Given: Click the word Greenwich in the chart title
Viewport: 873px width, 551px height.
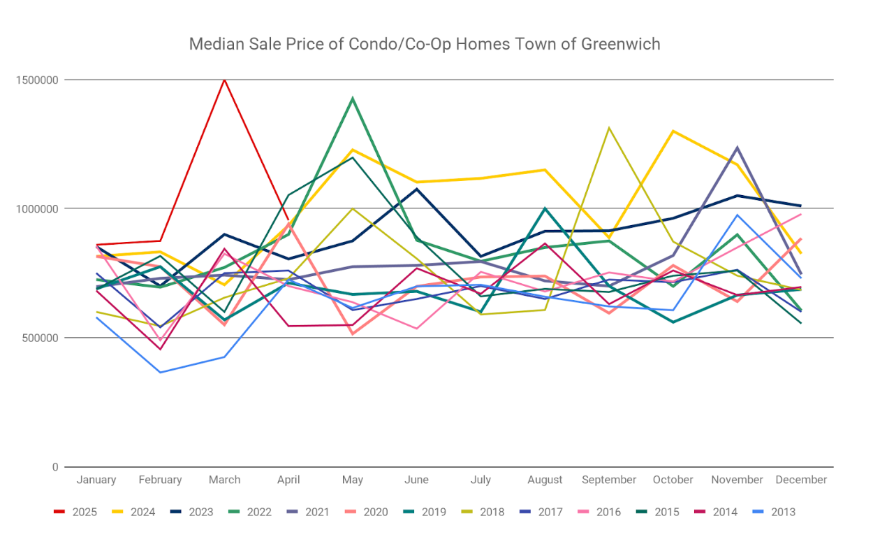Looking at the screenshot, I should click(x=622, y=44).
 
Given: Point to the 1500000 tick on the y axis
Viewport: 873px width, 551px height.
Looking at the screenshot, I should click(x=38, y=80).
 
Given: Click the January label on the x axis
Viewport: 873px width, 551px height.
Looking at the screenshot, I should click(x=96, y=480).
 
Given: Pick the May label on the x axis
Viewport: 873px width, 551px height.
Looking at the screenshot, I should click(x=353, y=480).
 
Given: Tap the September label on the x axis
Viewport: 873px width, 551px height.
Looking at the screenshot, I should click(x=609, y=480).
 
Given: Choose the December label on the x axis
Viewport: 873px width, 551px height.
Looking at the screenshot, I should click(x=801, y=480).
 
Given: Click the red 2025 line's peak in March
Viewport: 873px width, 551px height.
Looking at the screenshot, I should click(x=224, y=80).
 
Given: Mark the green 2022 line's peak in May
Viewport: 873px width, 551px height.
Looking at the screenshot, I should click(x=353, y=98).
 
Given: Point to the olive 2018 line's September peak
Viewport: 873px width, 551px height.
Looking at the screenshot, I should click(x=609, y=128).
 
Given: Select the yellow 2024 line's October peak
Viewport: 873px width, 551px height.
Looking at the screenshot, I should click(x=673, y=131).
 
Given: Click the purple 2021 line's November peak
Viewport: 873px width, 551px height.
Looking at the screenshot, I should click(x=737, y=148).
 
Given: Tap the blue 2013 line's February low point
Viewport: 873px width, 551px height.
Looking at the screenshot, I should click(x=160, y=372).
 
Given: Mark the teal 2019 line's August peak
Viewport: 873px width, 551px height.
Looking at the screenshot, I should click(x=545, y=208).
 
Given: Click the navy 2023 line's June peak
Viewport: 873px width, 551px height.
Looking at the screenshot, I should click(x=417, y=189).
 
